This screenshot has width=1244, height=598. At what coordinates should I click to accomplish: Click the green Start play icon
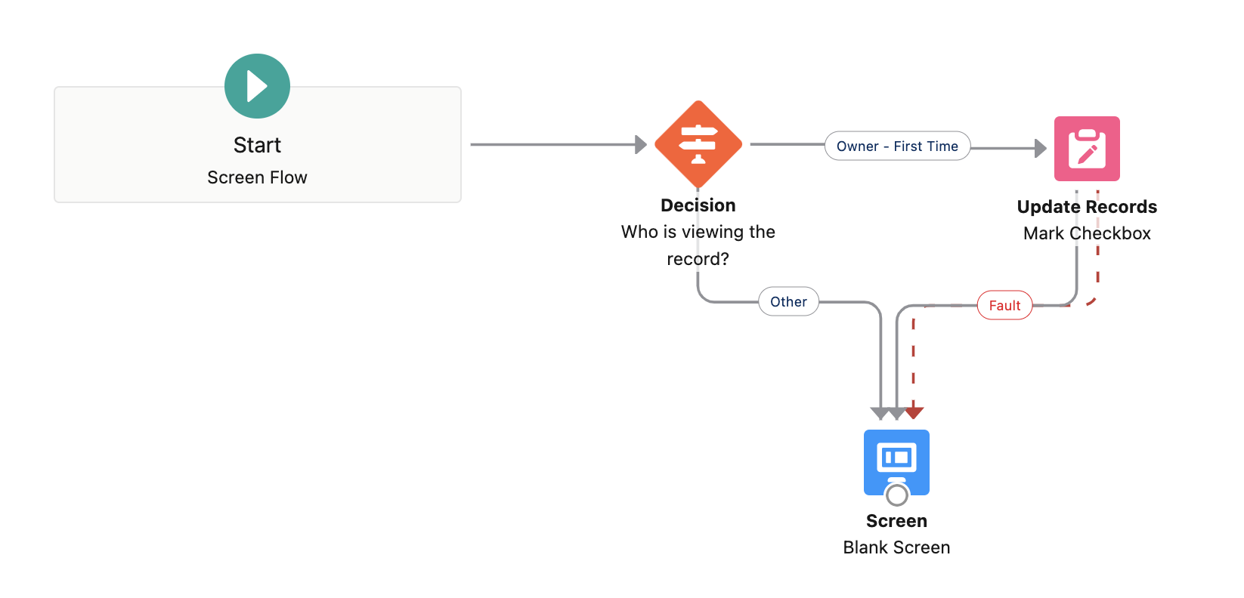click(257, 86)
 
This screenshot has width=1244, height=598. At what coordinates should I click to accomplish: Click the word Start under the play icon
click(257, 145)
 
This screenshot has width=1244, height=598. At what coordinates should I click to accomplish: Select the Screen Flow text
click(257, 177)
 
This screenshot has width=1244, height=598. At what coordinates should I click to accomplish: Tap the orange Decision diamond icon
click(698, 144)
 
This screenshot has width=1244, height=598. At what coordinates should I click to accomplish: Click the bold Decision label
click(698, 205)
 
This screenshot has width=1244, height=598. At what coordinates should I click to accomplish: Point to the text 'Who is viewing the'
click(698, 232)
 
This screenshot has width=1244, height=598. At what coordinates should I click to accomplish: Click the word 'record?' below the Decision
click(698, 259)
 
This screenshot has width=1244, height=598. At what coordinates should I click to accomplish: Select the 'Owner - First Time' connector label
click(897, 146)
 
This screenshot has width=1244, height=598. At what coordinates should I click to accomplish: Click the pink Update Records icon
click(1087, 149)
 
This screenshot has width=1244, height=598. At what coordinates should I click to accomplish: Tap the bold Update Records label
click(1087, 207)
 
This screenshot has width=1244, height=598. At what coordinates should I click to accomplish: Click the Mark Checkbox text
click(1087, 233)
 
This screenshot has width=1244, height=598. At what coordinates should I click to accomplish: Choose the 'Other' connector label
click(788, 302)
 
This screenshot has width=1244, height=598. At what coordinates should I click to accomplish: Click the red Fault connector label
click(1004, 306)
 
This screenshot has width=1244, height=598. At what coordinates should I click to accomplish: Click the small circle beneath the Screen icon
click(896, 495)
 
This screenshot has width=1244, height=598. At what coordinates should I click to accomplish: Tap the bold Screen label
click(896, 521)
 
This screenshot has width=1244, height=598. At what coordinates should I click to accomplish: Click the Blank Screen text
click(896, 547)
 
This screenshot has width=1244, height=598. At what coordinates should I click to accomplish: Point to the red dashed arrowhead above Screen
click(914, 412)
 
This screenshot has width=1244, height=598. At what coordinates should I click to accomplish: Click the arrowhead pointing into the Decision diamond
click(641, 144)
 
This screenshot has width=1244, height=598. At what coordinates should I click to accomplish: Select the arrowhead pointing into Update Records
click(1041, 149)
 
